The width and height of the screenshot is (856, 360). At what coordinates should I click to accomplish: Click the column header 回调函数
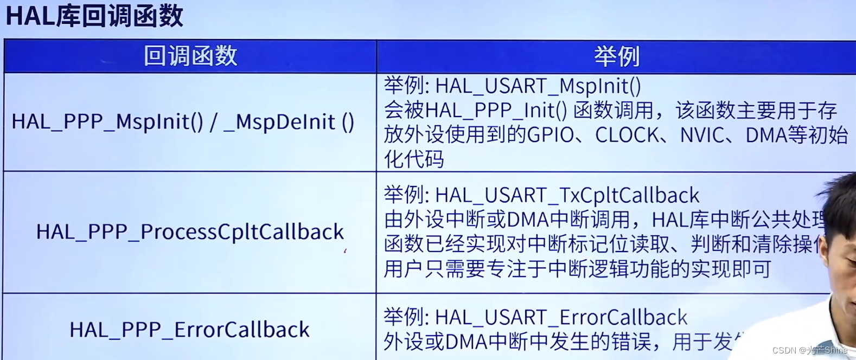pos(190,56)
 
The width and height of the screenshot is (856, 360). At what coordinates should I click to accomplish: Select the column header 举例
pos(617,56)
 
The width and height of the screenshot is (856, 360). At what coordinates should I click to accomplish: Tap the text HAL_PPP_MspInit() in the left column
pos(107,122)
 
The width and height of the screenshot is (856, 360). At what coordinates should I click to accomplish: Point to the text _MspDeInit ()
pos(289,122)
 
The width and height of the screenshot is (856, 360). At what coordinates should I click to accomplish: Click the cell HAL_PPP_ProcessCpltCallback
pos(190,232)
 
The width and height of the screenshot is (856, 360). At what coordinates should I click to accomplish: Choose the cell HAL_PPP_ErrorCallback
pos(189,330)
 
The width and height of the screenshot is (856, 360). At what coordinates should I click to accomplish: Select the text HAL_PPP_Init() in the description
pos(496,111)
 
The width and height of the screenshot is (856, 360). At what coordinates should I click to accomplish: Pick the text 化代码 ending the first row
pos(414,159)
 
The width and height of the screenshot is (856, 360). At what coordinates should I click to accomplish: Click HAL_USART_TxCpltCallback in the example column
pos(567,195)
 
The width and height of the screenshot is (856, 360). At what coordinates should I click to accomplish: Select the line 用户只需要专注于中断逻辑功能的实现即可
pos(577,269)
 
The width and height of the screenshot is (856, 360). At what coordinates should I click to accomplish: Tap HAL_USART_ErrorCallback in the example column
pos(561,317)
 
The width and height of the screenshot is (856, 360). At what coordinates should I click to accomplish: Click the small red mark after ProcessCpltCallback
pos(346,250)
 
